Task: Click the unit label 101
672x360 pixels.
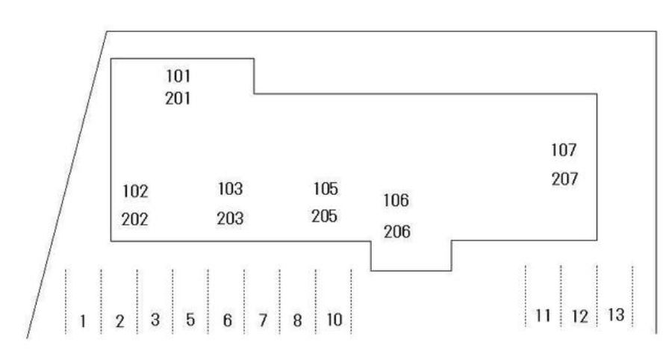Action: (x=178, y=75)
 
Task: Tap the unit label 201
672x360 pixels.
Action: (x=178, y=98)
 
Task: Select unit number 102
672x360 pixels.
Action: (x=135, y=191)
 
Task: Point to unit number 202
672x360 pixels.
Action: (x=135, y=220)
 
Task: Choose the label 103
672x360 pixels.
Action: (x=231, y=189)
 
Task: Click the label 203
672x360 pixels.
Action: (x=231, y=219)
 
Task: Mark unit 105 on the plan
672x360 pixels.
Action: (x=325, y=189)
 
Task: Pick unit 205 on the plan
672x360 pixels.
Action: (x=325, y=216)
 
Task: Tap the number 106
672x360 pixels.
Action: (x=396, y=201)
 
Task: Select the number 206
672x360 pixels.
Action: (x=396, y=232)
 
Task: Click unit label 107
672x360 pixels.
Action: (x=564, y=150)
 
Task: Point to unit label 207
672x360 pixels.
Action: (x=564, y=179)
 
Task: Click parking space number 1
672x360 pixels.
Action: (x=84, y=322)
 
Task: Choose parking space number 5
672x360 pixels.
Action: (x=190, y=320)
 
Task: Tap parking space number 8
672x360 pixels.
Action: (x=296, y=320)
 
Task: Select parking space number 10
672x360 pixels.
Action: (x=335, y=320)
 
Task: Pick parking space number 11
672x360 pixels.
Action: (x=543, y=316)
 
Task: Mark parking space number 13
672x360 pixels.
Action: (x=616, y=314)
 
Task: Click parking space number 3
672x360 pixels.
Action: (x=155, y=320)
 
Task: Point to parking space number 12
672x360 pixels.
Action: (x=579, y=317)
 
